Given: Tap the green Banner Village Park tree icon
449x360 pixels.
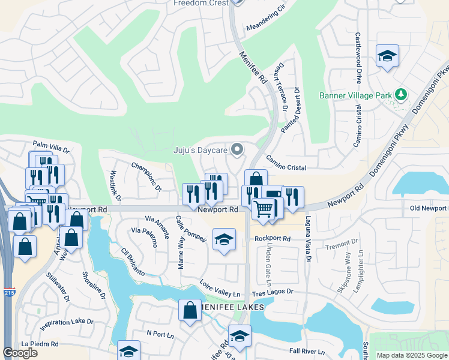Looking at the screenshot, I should point(400,95).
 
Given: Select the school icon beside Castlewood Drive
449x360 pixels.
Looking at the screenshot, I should point(388,56).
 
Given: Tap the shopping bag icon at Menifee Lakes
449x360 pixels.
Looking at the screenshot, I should point(190,311).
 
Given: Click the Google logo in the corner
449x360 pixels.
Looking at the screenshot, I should point(20,353).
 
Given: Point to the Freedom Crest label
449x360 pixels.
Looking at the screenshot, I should point(201,3).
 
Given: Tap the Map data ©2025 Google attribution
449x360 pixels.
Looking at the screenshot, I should point(411,355).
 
